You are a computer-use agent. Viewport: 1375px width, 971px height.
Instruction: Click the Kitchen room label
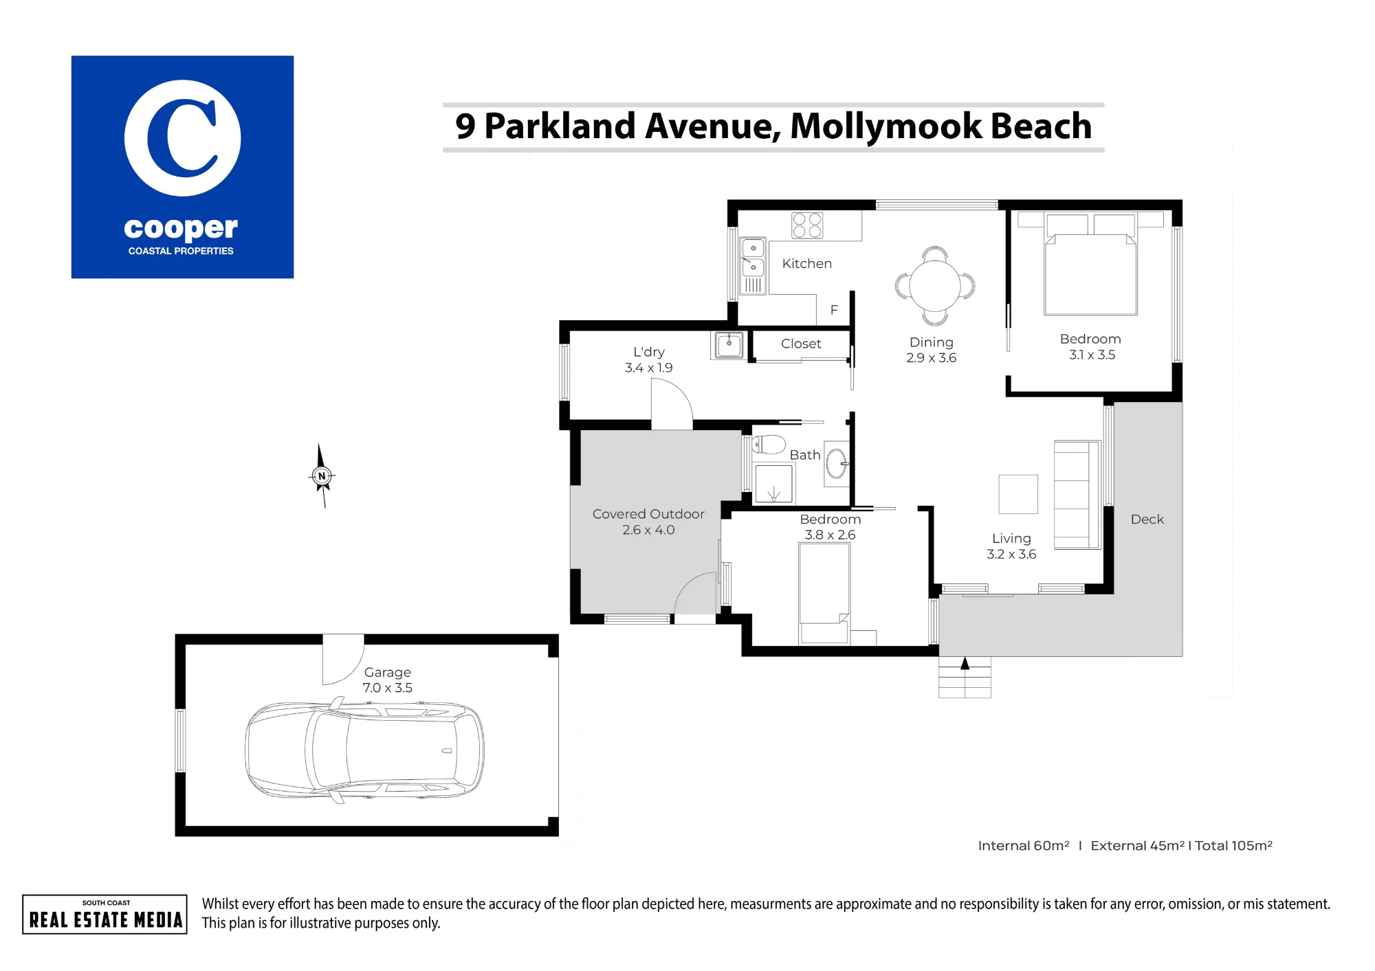(x=806, y=264)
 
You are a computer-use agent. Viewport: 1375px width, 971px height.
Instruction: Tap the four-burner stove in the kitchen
(x=807, y=225)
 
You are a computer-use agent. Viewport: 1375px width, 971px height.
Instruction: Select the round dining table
(x=935, y=286)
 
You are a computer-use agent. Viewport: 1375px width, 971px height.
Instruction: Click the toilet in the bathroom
(x=769, y=445)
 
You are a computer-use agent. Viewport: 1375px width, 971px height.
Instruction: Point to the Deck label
(x=1147, y=520)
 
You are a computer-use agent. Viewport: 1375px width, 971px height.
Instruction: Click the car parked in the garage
(x=364, y=750)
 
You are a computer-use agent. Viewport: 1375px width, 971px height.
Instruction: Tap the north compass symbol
(x=322, y=476)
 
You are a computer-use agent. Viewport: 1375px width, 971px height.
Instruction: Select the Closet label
(x=801, y=344)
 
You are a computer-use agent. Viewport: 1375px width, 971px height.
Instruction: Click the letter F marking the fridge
(x=834, y=310)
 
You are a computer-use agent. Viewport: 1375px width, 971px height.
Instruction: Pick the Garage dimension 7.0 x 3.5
(x=388, y=688)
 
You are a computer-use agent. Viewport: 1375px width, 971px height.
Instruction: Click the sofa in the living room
(x=1077, y=495)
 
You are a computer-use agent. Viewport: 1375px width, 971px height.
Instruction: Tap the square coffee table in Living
(x=1018, y=494)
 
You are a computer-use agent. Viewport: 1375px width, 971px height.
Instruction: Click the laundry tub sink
(x=729, y=344)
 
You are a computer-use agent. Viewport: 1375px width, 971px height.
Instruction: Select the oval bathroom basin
(x=837, y=463)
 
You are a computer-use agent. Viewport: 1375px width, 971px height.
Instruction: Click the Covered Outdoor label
(x=648, y=514)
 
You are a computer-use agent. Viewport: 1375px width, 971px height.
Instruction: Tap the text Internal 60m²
(x=1024, y=846)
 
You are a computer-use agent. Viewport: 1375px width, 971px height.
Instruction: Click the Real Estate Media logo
(x=104, y=915)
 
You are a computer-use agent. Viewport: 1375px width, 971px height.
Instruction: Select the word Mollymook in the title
(x=886, y=126)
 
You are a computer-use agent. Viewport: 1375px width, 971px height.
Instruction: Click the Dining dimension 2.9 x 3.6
(x=932, y=358)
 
